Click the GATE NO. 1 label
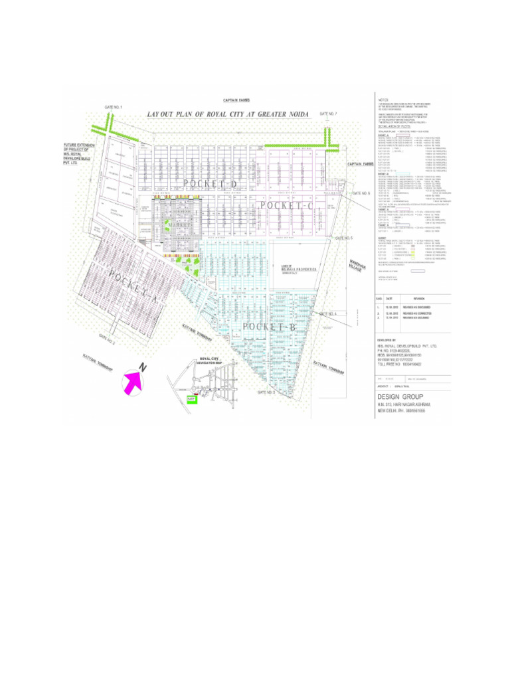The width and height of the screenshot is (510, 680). pyautogui.click(x=114, y=108)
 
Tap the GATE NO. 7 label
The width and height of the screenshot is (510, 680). pyautogui.click(x=328, y=114)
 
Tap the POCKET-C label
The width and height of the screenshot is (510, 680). pyautogui.click(x=286, y=207)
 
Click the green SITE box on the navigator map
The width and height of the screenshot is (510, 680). pyautogui.click(x=193, y=399)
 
